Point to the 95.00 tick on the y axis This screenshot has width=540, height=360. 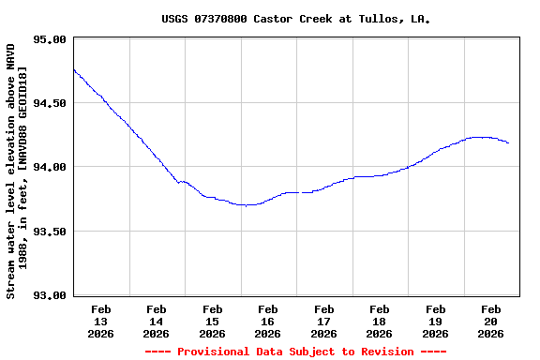[49, 39]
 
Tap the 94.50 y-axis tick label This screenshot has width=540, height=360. [49, 103]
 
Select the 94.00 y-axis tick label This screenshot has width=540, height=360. [49, 167]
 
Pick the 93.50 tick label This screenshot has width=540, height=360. [49, 231]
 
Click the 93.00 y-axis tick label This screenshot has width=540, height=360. [49, 295]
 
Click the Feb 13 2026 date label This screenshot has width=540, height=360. [100, 321]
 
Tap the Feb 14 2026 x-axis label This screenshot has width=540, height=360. [157, 321]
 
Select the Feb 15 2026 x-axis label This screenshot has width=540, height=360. [212, 321]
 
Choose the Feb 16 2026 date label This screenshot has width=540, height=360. [268, 321]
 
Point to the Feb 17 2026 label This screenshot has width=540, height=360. [323, 321]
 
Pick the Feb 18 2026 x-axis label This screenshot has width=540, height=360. [380, 321]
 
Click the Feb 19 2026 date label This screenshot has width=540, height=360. [435, 321]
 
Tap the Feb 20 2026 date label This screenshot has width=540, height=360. [490, 321]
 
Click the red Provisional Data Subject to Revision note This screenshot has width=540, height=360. [295, 352]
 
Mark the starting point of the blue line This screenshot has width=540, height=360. [73, 69]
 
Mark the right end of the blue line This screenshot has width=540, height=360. [508, 143]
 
